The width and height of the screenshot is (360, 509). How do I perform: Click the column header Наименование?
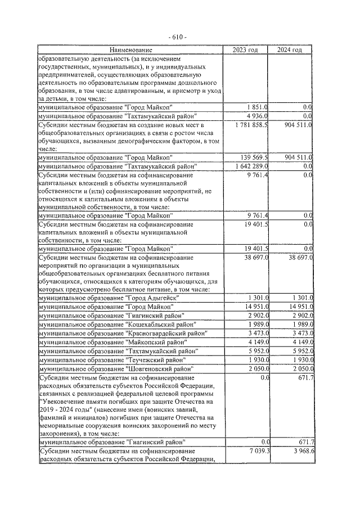pos(130,50)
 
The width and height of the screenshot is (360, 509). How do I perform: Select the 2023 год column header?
pos(246,50)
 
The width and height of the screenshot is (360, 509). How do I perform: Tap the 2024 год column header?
pos(290,50)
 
